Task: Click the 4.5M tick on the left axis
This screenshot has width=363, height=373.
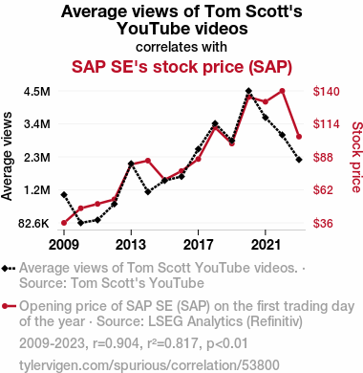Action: (37, 92)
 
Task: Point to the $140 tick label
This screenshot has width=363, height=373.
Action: (327, 92)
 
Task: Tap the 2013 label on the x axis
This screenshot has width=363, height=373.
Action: (131, 245)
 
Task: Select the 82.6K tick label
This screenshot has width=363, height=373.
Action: (33, 224)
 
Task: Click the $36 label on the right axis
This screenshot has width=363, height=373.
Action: (323, 224)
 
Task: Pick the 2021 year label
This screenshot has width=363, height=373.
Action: (266, 245)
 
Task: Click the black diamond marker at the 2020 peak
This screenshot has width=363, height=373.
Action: (248, 91)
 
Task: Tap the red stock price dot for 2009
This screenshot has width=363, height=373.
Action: (64, 223)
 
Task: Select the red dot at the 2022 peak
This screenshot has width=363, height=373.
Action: (282, 91)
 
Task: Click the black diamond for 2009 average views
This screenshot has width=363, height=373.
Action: (64, 194)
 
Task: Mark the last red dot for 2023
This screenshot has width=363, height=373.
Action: (299, 137)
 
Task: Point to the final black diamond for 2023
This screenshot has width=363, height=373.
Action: (299, 160)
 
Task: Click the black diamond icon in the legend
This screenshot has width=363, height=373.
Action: (5, 269)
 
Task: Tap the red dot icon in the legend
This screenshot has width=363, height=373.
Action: (5, 307)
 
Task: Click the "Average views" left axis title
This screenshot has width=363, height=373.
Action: (7, 156)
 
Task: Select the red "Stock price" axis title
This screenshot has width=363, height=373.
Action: (356, 157)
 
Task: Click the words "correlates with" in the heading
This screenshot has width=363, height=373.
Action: (181, 47)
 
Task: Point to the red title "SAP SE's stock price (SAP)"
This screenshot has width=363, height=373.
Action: (181, 67)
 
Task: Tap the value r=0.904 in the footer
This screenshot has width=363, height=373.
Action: (116, 343)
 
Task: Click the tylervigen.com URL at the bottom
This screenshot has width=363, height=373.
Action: (149, 365)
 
